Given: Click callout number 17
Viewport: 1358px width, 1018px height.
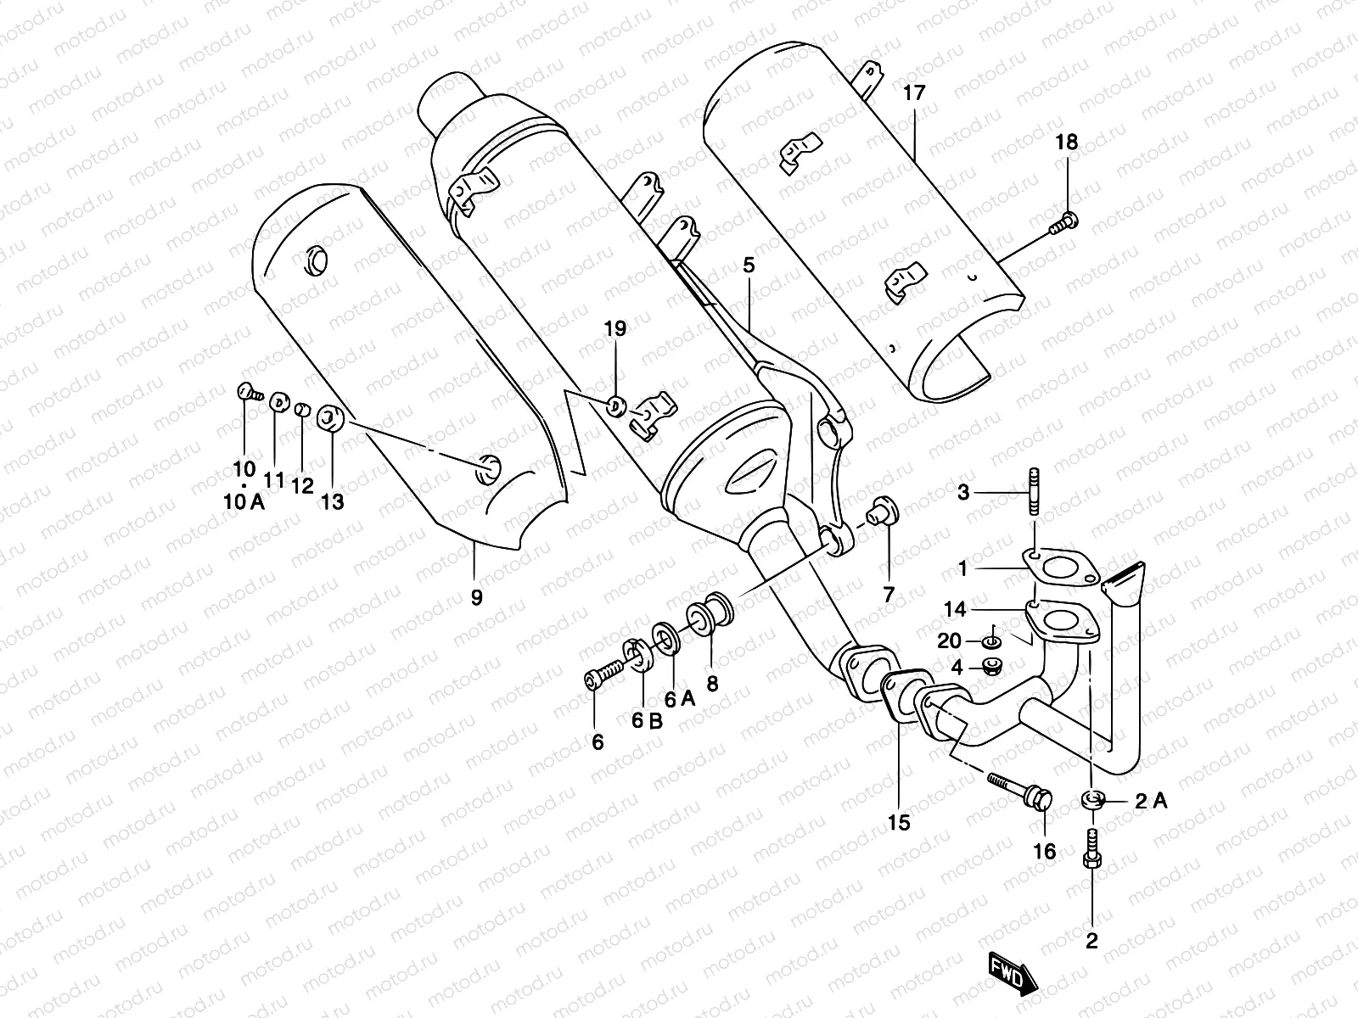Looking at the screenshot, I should click(913, 93).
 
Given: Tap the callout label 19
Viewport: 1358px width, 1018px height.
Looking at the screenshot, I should click(615, 328).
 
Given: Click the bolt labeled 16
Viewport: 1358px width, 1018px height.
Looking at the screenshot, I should click(1022, 789).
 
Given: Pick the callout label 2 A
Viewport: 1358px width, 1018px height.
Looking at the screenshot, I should click(1150, 800).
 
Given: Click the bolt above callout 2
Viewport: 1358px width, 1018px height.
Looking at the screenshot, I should click(1092, 849).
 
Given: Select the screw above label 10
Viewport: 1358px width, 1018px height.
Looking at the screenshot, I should click(246, 392).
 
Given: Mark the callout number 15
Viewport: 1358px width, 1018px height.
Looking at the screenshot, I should click(899, 821).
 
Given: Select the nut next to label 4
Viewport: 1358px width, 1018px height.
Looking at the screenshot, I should click(990, 667).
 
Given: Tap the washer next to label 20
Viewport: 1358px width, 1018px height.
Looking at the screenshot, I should click(992, 640).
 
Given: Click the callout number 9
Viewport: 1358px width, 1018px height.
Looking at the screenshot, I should click(476, 597).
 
